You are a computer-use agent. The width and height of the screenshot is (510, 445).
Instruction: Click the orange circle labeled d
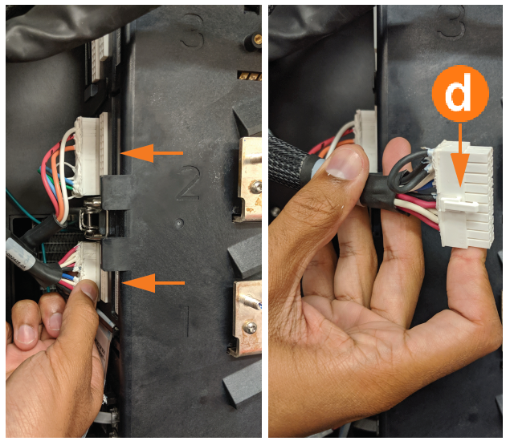pos(460,93)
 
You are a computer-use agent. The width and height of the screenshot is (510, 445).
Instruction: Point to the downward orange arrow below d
pos(460,156)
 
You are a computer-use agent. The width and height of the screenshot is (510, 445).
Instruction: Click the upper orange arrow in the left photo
pos(152,153)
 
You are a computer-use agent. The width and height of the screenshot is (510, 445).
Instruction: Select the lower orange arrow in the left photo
pos(153,283)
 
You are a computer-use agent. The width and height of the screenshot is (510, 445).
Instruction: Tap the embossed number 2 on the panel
pos(188,182)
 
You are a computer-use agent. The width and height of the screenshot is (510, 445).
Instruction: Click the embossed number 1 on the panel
pos(187,322)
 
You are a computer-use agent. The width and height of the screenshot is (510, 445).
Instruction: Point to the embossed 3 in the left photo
pos(192,30)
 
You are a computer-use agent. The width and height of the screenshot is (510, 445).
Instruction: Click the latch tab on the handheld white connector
pos(459,204)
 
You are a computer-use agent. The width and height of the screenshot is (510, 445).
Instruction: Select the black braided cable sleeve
pos(288,161)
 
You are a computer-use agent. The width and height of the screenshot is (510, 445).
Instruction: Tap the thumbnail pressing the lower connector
pos(90,290)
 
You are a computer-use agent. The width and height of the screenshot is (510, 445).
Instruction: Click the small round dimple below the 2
pos(178,223)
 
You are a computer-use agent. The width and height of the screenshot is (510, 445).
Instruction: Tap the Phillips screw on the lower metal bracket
pos(250,327)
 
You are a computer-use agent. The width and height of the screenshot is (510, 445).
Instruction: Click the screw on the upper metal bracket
pos(255,187)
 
